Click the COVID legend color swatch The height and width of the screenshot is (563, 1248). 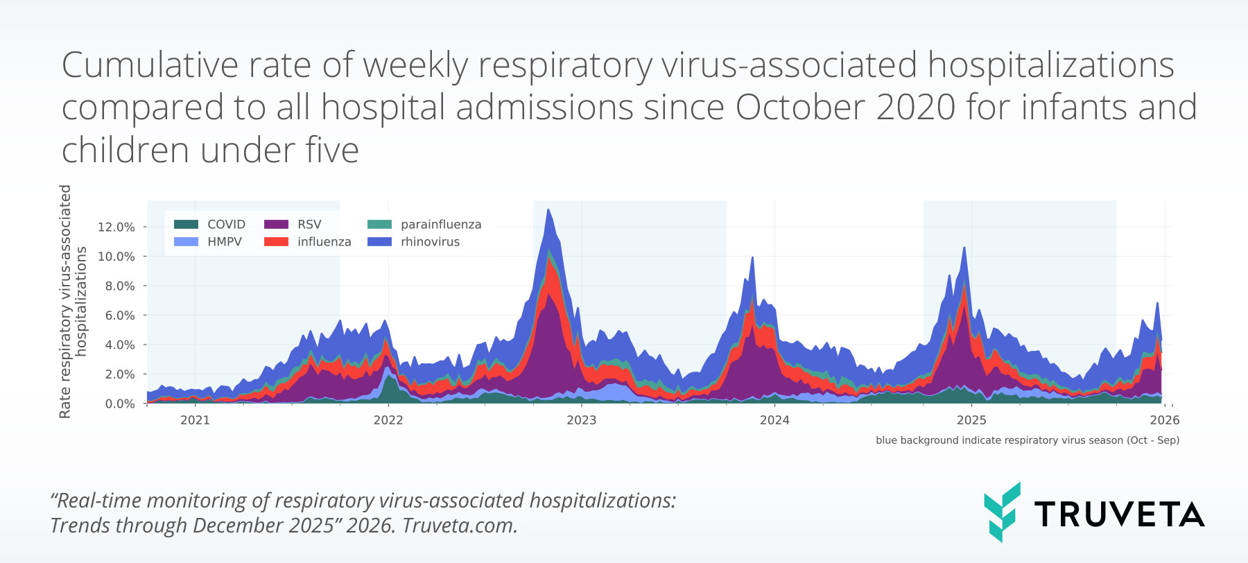[186, 224]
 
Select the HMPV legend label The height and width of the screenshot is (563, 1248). [224, 242]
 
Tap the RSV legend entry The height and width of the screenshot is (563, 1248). [309, 224]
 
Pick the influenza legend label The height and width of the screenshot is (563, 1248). [324, 242]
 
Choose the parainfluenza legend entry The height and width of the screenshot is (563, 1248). [440, 224]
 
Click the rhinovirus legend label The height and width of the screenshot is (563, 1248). [430, 242]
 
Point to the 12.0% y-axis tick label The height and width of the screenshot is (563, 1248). [116, 227]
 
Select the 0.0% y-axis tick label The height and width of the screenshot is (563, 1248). [119, 404]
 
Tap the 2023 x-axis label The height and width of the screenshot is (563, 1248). [581, 420]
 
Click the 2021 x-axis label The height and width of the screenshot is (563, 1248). [195, 420]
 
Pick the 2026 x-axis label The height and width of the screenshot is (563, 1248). [1164, 420]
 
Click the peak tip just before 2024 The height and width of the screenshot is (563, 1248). [753, 259]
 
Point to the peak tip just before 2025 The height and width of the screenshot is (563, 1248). [964, 248]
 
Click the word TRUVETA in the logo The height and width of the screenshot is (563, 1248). [1119, 514]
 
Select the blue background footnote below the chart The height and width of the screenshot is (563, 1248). [1027, 440]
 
